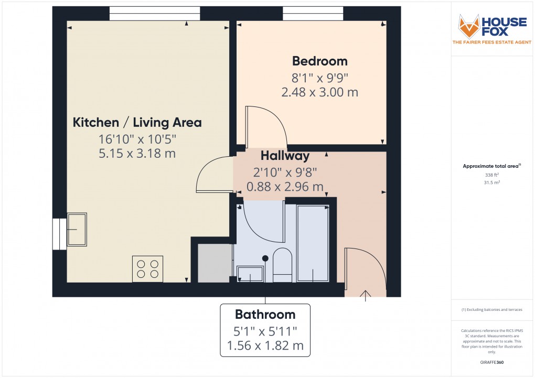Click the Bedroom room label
(x=320, y=61)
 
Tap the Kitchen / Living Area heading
(x=137, y=123)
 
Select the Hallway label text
(x=285, y=156)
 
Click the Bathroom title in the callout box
(x=265, y=315)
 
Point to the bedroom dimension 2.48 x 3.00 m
(x=320, y=92)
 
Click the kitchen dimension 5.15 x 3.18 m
(x=137, y=154)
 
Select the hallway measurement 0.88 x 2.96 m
(x=285, y=187)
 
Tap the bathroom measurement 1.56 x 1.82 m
(x=265, y=346)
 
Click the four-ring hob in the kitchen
(x=147, y=268)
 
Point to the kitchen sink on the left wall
(x=76, y=230)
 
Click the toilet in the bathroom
(x=282, y=265)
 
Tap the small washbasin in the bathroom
(x=250, y=274)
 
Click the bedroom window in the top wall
(x=313, y=13)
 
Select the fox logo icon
(x=469, y=26)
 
